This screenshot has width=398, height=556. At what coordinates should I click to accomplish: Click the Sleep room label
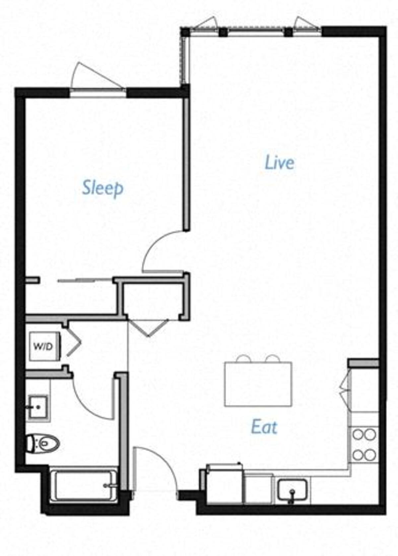[x=102, y=188]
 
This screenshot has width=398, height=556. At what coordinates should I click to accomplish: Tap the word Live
[x=279, y=163]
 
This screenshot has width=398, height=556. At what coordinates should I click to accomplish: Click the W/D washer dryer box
[x=43, y=346]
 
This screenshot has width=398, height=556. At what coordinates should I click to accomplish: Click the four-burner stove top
[x=364, y=444]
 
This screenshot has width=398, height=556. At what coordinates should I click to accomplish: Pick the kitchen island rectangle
[x=258, y=384]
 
